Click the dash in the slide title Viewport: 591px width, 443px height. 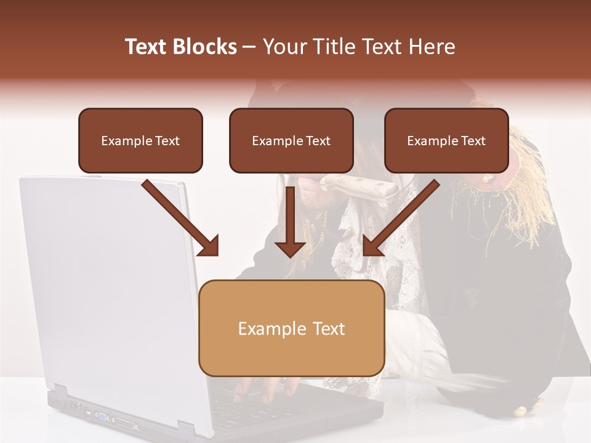click(249, 47)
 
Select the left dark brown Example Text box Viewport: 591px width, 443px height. click(140, 140)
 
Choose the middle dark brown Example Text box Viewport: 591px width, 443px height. click(291, 140)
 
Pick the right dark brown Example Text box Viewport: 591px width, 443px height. click(446, 140)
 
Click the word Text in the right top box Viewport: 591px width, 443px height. click(473, 141)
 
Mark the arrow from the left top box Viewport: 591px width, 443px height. click(182, 218)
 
